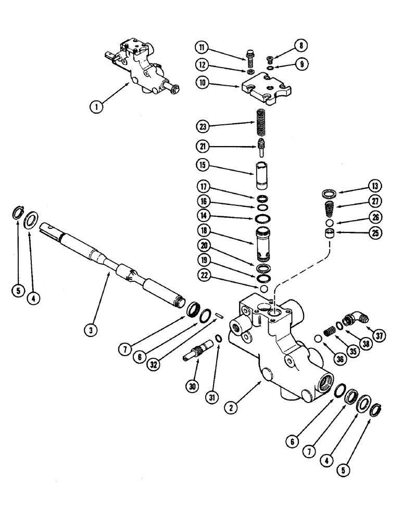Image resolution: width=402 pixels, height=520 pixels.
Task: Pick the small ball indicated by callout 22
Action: (265, 289)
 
